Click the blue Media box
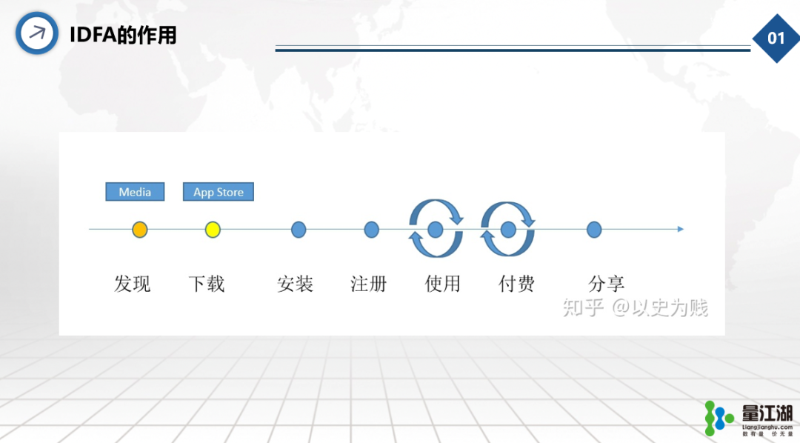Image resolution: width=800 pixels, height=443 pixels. (135, 191)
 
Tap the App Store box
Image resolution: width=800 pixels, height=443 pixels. (219, 191)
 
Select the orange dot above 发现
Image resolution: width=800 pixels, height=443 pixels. (140, 230)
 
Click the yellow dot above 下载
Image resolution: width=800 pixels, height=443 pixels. (213, 230)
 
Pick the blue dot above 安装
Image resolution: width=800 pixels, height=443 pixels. (299, 230)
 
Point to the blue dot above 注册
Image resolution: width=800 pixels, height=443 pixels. (371, 230)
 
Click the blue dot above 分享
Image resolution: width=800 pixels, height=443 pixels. (594, 230)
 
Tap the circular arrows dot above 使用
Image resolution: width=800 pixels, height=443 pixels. (436, 230)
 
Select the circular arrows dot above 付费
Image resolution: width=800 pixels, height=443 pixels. (508, 230)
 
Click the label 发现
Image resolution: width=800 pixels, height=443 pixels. (132, 284)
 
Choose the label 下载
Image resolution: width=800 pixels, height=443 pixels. (207, 284)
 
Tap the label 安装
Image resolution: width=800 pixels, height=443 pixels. (295, 284)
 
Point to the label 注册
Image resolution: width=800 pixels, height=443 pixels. (368, 284)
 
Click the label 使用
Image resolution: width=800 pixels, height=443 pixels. (442, 284)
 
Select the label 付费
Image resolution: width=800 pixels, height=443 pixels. (516, 284)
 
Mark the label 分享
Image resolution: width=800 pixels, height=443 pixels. (606, 284)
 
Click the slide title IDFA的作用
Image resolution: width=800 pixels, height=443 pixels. (123, 35)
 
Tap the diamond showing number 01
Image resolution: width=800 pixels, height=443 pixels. (776, 39)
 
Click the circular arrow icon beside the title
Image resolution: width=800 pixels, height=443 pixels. (37, 33)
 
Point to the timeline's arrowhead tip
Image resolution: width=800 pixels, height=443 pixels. (683, 229)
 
